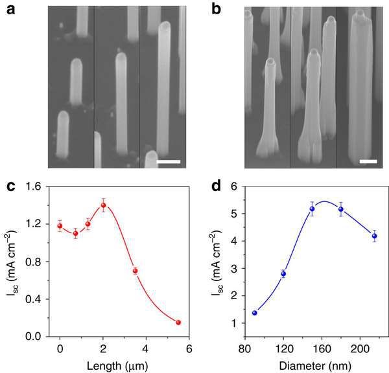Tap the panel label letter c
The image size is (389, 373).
point(12,188)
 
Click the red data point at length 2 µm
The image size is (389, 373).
point(103,205)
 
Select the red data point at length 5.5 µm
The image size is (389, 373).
point(178,322)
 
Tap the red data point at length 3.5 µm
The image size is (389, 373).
point(135,271)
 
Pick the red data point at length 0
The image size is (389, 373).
point(60,226)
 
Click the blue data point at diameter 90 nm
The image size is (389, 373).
point(254,313)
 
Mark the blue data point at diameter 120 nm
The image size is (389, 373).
point(283,274)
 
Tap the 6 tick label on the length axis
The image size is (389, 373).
point(189,348)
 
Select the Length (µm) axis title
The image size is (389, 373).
point(124,364)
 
